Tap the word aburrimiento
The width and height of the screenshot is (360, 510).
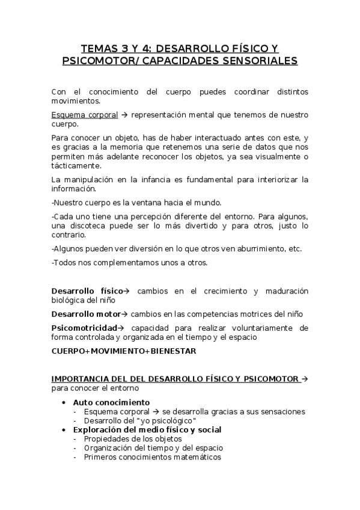click(x=258, y=248)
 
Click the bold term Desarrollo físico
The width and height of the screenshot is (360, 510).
click(x=87, y=291)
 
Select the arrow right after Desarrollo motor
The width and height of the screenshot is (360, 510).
click(x=125, y=314)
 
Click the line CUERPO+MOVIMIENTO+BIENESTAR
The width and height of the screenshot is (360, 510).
click(x=124, y=351)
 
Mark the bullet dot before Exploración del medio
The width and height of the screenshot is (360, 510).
click(x=64, y=430)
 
